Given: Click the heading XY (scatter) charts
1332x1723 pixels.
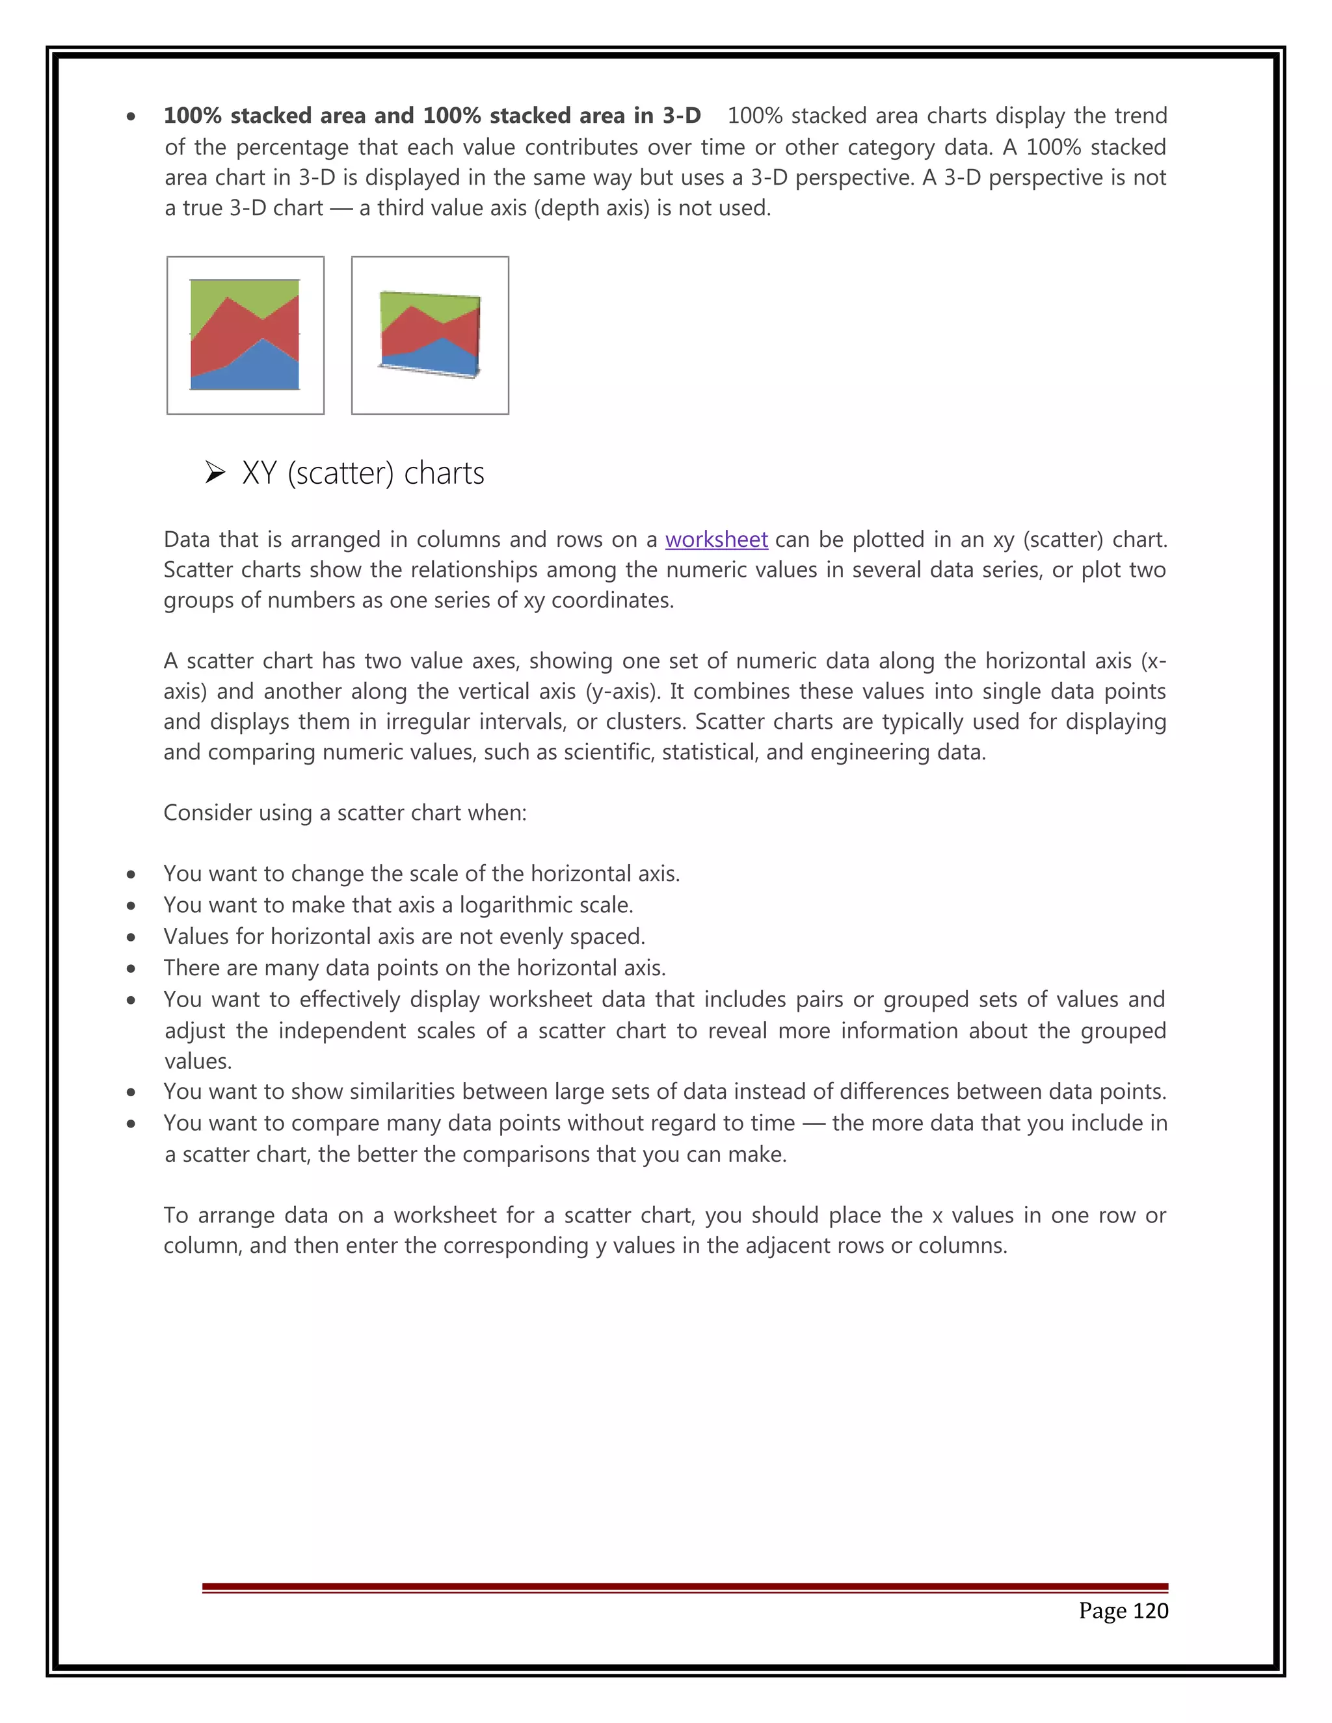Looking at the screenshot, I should click(363, 473).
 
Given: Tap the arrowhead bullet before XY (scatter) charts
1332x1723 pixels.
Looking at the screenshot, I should click(215, 473).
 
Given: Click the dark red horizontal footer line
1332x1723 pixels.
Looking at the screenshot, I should click(684, 1586).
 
